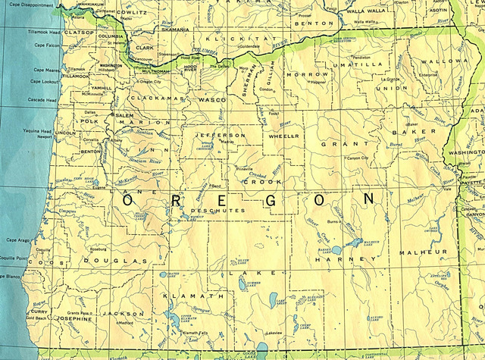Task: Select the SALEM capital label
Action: [124, 114]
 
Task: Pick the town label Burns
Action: [331, 222]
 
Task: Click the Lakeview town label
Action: [274, 333]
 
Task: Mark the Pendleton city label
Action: [362, 57]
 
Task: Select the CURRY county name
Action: [39, 311]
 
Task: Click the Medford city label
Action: [126, 322]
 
